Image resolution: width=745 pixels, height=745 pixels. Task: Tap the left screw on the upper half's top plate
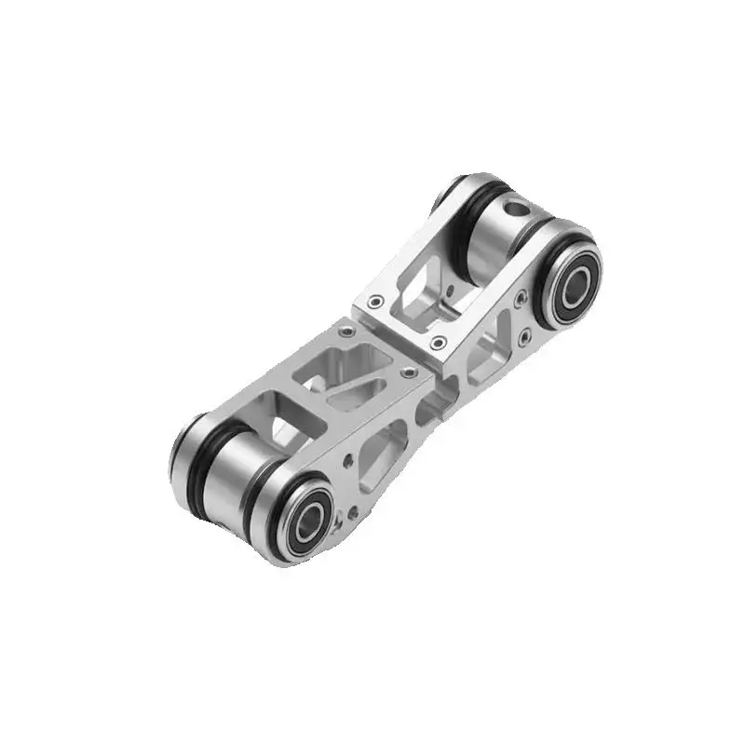click(375, 302)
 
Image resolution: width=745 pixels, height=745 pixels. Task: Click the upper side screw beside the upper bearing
click(521, 298)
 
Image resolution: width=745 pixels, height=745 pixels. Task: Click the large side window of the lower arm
click(381, 455)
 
